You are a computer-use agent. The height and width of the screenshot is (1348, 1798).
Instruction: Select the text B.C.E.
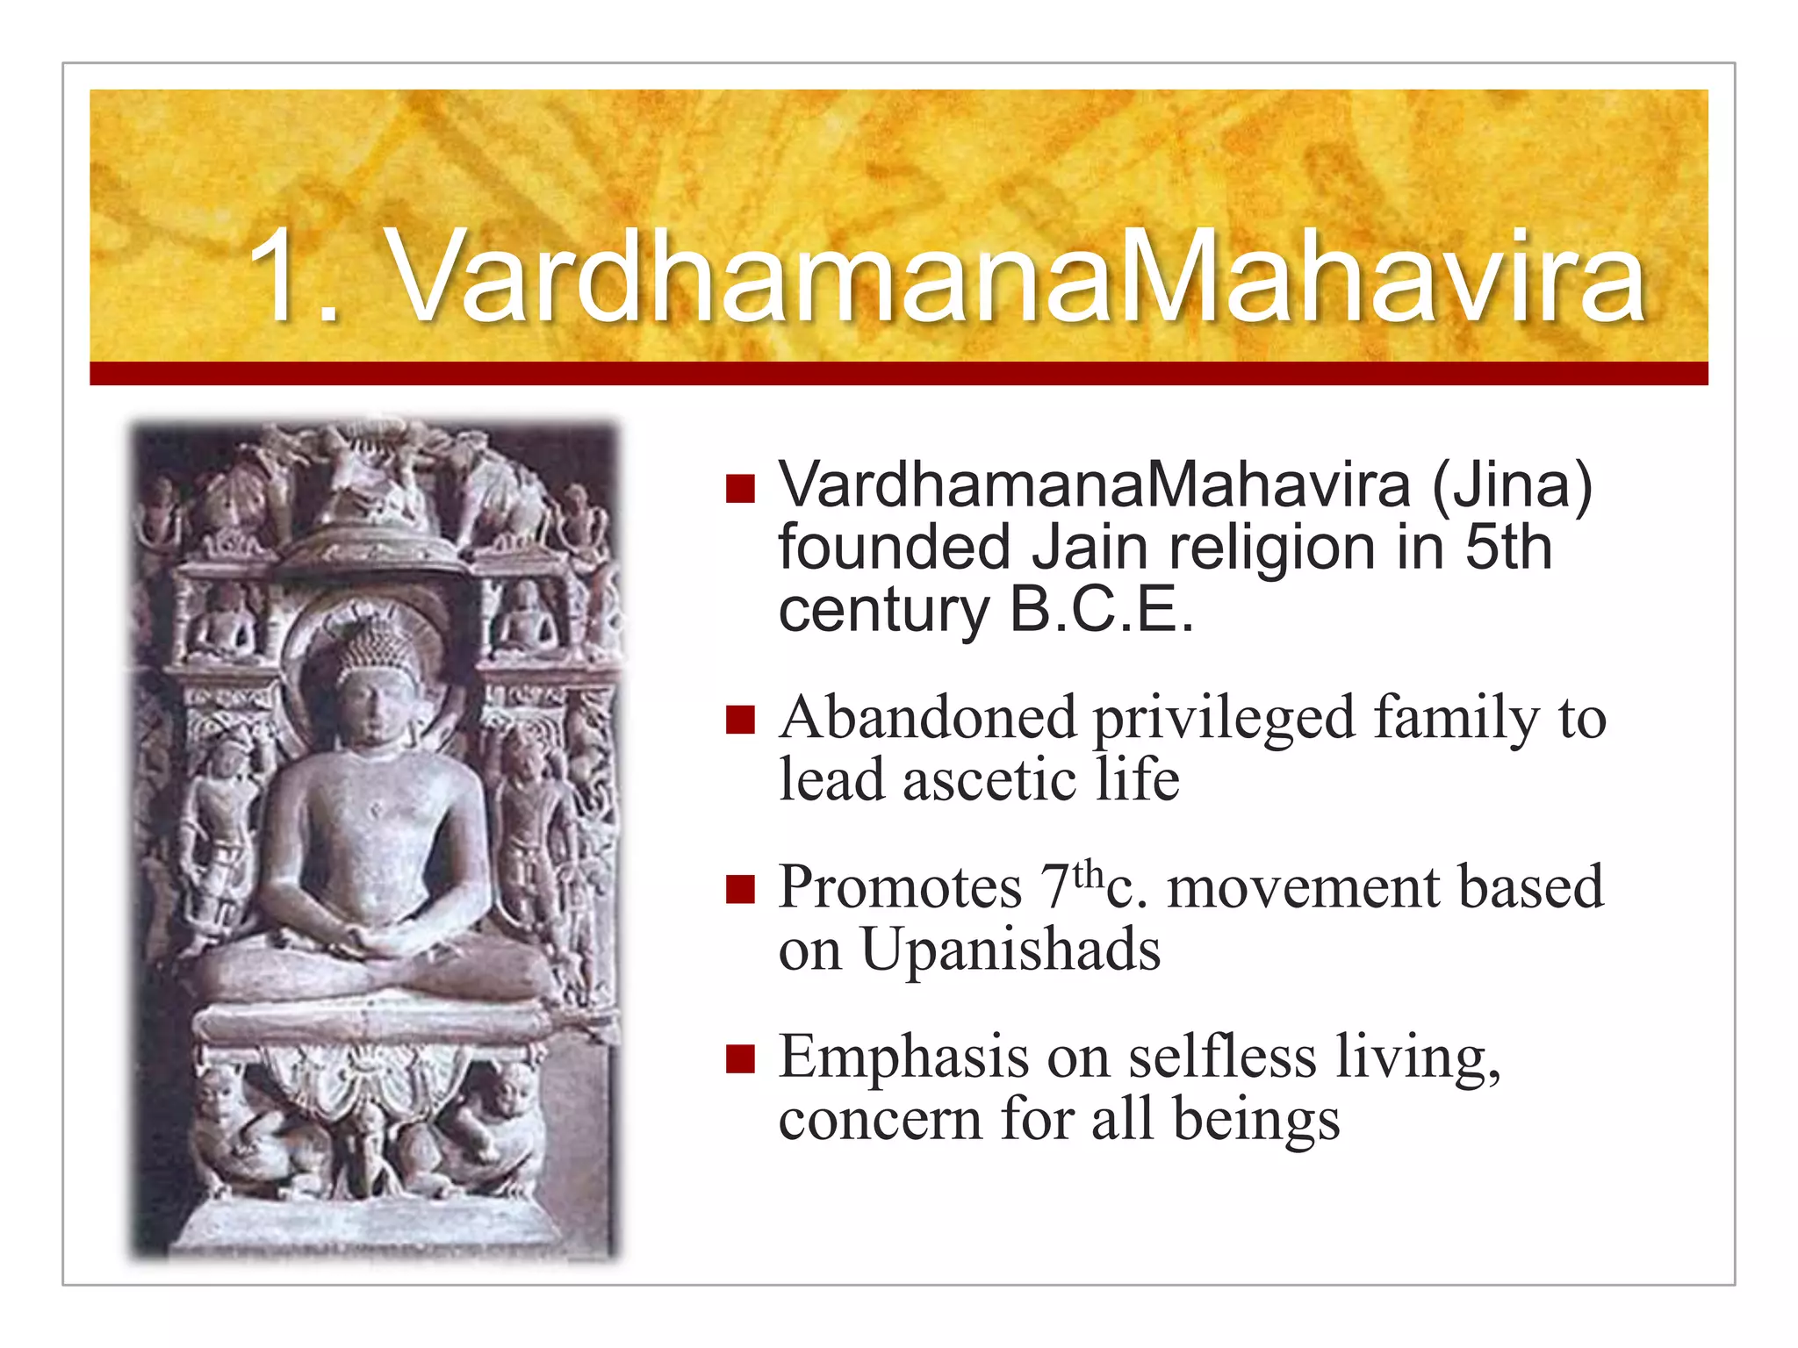point(1101,610)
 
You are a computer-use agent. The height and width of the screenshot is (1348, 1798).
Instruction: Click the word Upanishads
point(1010,950)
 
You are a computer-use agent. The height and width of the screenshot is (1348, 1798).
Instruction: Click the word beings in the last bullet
point(1255,1121)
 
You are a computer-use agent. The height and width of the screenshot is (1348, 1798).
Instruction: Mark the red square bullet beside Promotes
point(740,889)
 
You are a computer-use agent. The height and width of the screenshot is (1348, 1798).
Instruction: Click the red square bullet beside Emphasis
point(740,1059)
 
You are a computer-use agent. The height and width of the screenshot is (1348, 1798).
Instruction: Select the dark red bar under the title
point(898,373)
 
